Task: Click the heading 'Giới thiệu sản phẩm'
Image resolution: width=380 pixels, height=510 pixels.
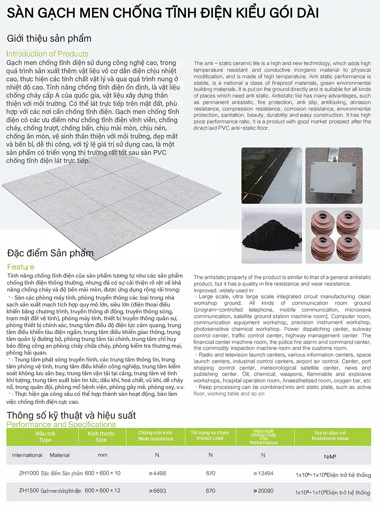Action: pyautogui.click(x=49, y=38)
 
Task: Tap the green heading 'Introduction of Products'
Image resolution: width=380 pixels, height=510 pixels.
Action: pyautogui.click(x=47, y=54)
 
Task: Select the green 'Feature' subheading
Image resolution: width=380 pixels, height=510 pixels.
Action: pyautogui.click(x=21, y=267)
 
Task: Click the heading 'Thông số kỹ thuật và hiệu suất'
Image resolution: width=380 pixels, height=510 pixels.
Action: pyautogui.click(x=71, y=415)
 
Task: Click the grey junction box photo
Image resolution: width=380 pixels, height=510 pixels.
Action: pyautogui.click(x=334, y=175)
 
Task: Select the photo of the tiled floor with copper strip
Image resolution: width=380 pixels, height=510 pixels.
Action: pyautogui.click(x=271, y=175)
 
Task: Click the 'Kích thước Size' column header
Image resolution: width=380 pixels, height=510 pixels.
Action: pyautogui.click(x=101, y=437)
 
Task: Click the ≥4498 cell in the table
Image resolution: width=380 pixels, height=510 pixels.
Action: pyautogui.click(x=157, y=473)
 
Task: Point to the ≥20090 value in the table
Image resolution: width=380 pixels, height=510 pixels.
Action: pyautogui.click(x=263, y=491)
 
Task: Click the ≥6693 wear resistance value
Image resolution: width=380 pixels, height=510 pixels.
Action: pyautogui.click(x=157, y=491)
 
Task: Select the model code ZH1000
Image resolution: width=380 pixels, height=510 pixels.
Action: pyautogui.click(x=29, y=473)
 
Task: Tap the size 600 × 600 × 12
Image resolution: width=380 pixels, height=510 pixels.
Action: pyautogui.click(x=103, y=491)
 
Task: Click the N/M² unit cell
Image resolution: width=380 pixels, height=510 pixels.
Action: pyautogui.click(x=330, y=457)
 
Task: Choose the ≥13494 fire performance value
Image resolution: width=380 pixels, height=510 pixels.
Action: pyautogui.click(x=263, y=473)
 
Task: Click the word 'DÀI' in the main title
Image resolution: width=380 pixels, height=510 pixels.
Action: pyautogui.click(x=306, y=13)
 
